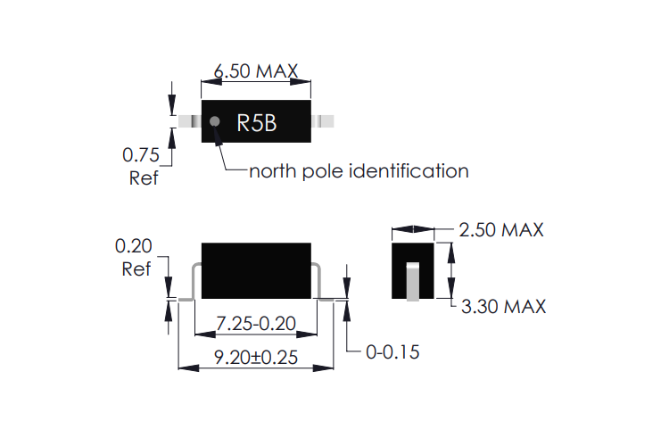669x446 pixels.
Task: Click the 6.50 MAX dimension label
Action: point(256,70)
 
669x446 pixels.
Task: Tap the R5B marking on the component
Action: point(256,123)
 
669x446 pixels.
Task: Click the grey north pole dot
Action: point(215,121)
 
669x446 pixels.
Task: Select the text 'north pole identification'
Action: point(359,171)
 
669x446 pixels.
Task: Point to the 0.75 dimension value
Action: point(140,155)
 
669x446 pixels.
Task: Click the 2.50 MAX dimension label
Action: point(501,230)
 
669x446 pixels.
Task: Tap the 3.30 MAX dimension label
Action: point(503,307)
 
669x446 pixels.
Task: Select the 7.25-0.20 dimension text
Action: point(256,324)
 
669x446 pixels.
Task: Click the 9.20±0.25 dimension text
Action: point(256,357)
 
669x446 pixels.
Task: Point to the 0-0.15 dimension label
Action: point(392,352)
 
